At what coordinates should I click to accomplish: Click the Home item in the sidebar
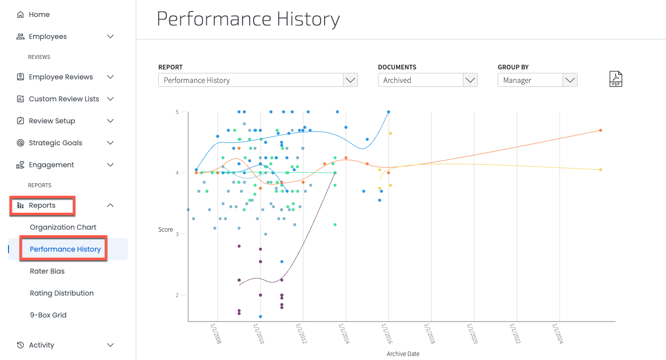[39, 15]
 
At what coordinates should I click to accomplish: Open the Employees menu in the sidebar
[47, 37]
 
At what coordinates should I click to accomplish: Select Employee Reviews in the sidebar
[60, 77]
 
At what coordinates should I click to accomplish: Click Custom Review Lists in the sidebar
[64, 99]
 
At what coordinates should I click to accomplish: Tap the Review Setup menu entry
[52, 121]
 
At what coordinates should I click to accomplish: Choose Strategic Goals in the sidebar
[55, 143]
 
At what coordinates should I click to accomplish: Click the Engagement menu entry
[51, 165]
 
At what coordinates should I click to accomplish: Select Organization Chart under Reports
[63, 227]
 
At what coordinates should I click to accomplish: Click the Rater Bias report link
[47, 271]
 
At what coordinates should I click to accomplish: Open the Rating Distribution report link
[62, 293]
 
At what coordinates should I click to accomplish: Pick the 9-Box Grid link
[48, 315]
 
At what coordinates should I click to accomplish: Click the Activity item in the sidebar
[41, 345]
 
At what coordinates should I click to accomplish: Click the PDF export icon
[616, 79]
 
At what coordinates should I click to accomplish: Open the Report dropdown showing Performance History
[258, 80]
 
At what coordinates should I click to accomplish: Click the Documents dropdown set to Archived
[427, 80]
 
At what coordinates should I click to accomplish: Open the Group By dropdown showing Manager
[537, 80]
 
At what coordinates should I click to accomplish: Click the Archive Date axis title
[403, 354]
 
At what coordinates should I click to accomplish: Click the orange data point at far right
[600, 130]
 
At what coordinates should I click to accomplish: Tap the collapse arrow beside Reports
[111, 205]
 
